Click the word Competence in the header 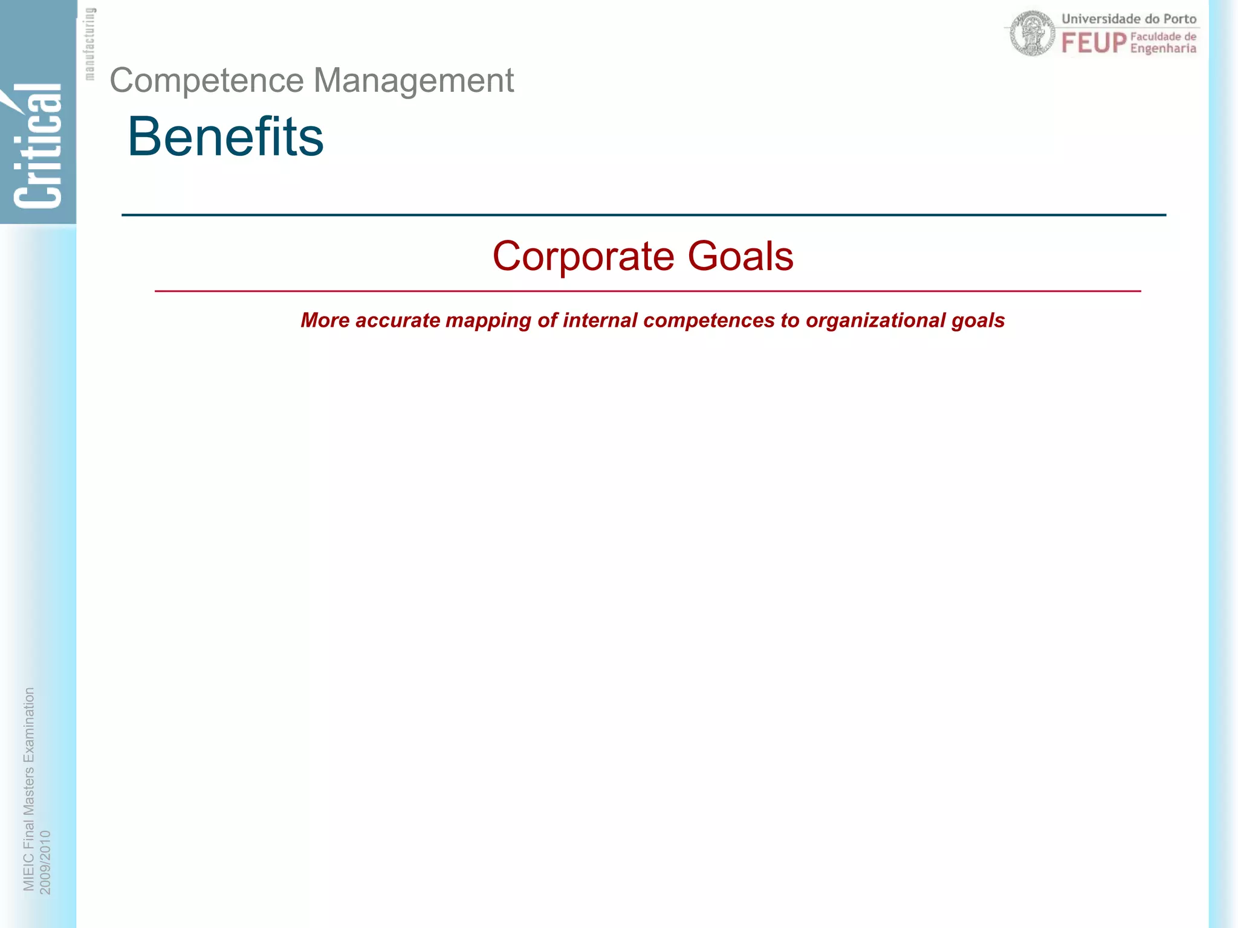click(207, 81)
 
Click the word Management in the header click(413, 81)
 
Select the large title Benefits click(225, 137)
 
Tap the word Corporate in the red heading click(583, 256)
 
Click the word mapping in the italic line click(487, 321)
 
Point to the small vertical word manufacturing click(89, 43)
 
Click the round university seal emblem click(1032, 34)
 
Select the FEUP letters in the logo click(1094, 43)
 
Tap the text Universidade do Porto click(1129, 19)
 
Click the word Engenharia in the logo click(1163, 48)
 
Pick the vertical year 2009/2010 click(45, 862)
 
